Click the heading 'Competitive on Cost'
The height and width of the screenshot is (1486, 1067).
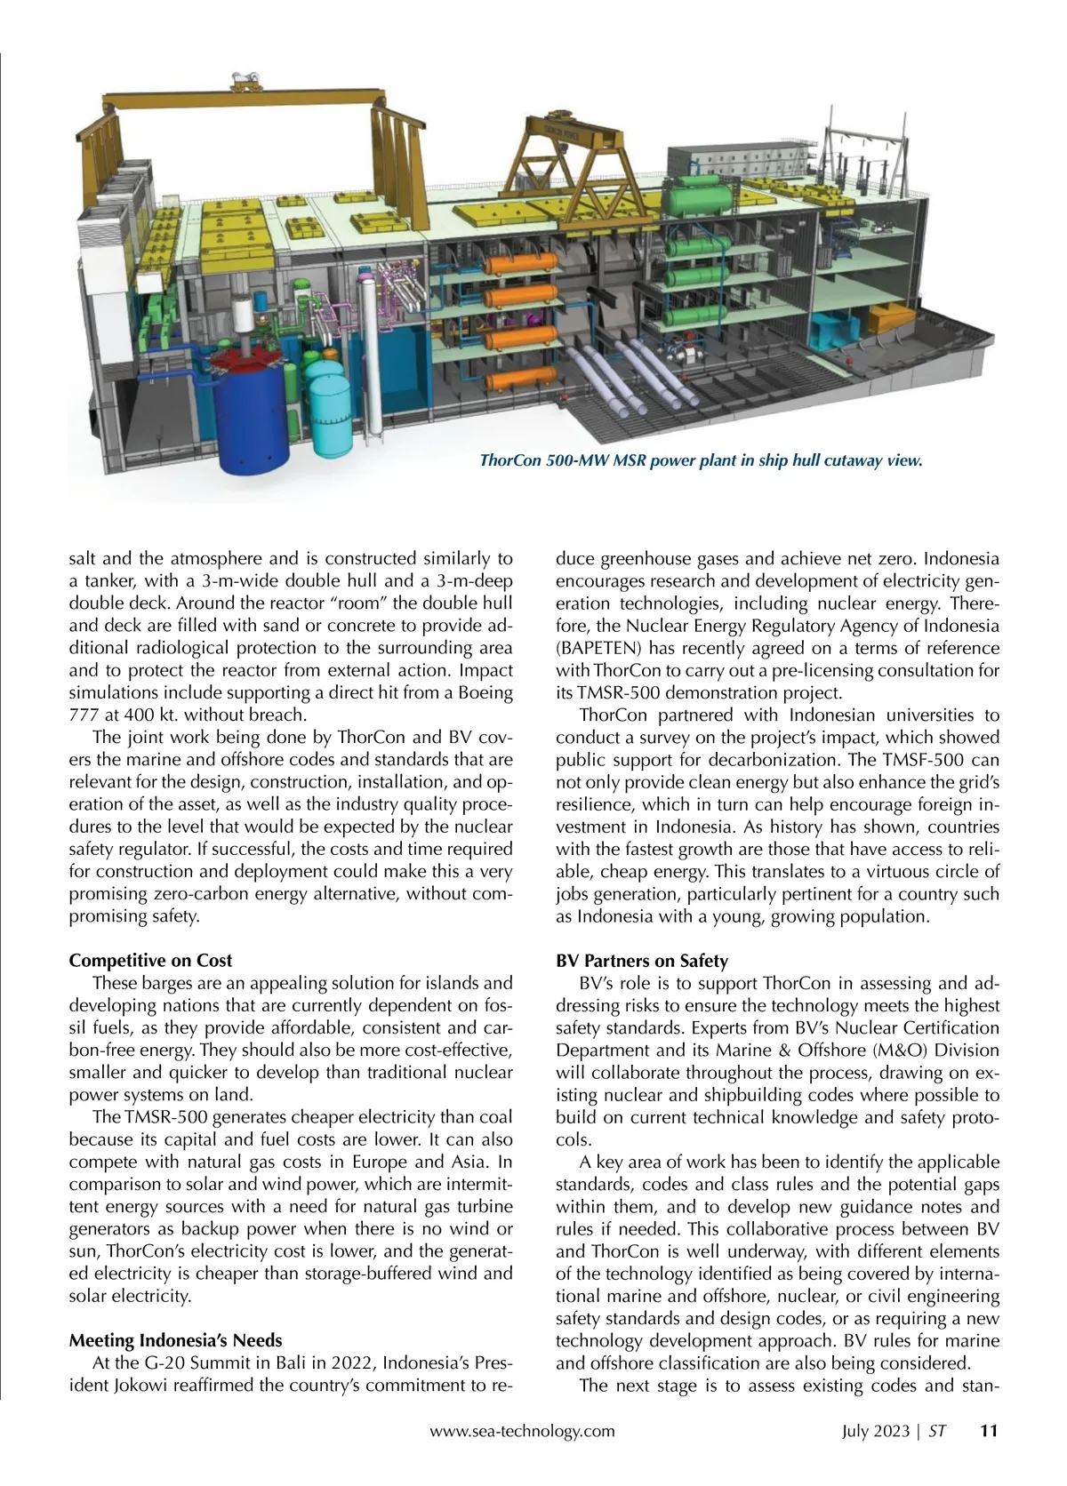tap(150, 961)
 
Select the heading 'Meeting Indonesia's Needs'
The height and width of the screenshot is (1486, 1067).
tap(175, 1340)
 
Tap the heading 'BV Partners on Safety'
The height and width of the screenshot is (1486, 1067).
tap(641, 961)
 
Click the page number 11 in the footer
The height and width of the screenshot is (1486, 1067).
tap(989, 1431)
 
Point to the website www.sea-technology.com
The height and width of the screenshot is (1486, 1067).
tap(522, 1431)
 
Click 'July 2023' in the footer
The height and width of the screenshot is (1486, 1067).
tap(876, 1431)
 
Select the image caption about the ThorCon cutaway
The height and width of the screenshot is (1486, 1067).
tap(701, 460)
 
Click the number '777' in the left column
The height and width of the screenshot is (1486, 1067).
tap(85, 715)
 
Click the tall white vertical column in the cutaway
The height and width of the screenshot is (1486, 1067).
tap(369, 356)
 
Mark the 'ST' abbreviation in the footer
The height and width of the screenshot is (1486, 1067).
tap(937, 1431)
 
